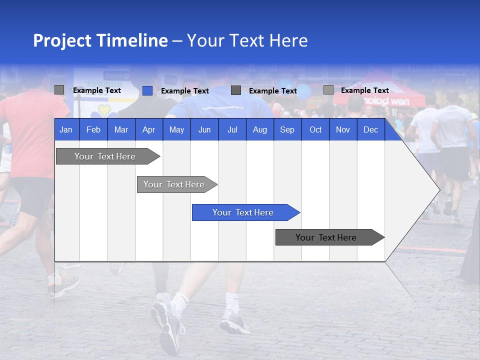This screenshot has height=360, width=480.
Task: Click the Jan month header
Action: [x=66, y=129]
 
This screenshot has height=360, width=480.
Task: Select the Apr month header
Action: [x=148, y=129]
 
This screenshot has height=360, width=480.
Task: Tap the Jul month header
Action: [x=232, y=129]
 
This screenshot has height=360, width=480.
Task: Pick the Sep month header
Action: [x=287, y=129]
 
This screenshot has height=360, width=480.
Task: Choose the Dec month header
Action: [x=370, y=129]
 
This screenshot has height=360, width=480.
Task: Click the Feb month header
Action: [x=93, y=129]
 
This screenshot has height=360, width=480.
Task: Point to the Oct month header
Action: [x=315, y=129]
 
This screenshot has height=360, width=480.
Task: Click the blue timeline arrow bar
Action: [x=245, y=212]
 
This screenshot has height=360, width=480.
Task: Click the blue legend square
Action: [x=147, y=90]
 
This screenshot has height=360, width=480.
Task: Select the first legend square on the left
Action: [x=59, y=90]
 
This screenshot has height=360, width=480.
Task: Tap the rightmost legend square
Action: [x=328, y=90]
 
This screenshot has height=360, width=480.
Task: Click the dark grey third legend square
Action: [x=236, y=90]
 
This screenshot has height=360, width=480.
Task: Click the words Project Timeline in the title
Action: [x=100, y=40]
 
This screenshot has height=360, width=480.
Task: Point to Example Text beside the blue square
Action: [x=185, y=91]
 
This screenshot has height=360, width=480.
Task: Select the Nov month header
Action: [x=343, y=129]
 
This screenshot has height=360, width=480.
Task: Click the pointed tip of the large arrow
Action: [x=438, y=189]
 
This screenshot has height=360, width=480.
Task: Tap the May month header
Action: [x=176, y=129]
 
